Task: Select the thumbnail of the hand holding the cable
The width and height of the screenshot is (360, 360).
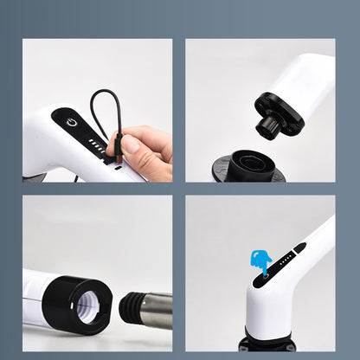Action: [x=97, y=110]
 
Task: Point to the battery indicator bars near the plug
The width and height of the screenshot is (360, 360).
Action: [x=97, y=148]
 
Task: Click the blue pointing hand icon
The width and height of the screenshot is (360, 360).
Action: [x=260, y=261]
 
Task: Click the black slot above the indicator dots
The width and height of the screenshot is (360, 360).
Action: [x=299, y=247]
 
